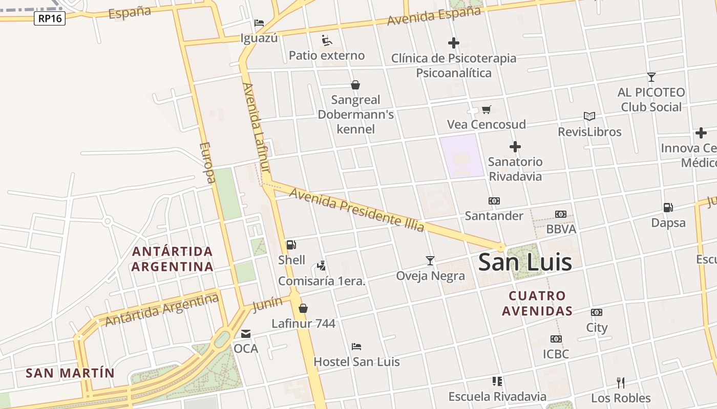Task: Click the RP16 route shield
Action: pos(50,19)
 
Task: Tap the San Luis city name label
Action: pos(524,262)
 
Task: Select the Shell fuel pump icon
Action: pos(291,245)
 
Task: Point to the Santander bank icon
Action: pos(494,201)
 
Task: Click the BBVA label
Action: pos(561,229)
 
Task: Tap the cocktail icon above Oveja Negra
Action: pos(430,261)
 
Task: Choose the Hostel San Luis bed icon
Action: pos(356,347)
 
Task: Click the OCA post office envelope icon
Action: pos(246,334)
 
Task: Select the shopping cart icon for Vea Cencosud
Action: pos(487,109)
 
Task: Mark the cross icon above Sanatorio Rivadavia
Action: pos(515,147)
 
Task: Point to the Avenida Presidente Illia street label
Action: pos(356,210)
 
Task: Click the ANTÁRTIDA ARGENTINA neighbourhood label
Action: pos(172,259)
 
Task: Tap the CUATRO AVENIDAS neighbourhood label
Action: pos(537,303)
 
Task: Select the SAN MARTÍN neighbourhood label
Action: pos(70,373)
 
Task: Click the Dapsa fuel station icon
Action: pos(668,208)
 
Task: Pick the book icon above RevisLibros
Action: pos(589,117)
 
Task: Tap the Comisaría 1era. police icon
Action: pos(321,266)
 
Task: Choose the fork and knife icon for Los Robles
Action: pos(621,382)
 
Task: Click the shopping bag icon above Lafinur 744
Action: pos(303,308)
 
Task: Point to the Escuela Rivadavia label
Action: pos(497,397)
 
